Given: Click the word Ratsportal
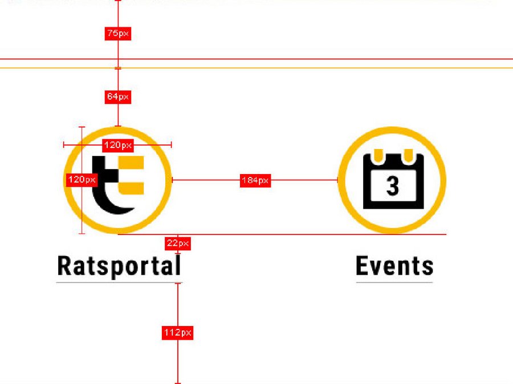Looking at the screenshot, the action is (119, 266).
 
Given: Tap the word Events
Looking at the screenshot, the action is (394, 266).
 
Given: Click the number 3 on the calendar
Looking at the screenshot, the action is (393, 186).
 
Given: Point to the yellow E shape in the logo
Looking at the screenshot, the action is (131, 175).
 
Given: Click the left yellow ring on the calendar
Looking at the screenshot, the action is (378, 155).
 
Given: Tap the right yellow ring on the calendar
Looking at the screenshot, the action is (408, 155).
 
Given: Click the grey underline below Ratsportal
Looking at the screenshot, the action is (120, 282).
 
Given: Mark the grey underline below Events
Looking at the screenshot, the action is (394, 282).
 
